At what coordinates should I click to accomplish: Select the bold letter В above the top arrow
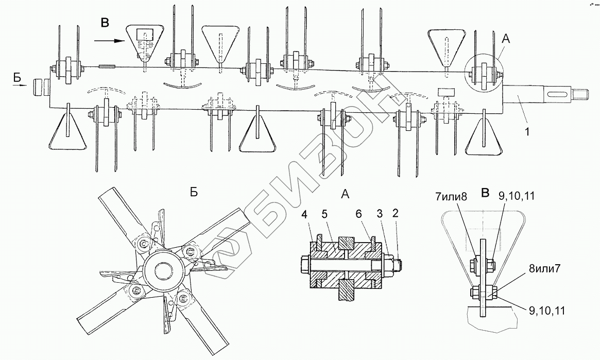pos(105,22)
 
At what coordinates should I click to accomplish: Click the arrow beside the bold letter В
pos(110,39)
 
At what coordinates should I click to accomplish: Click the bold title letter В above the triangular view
pos(485,193)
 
